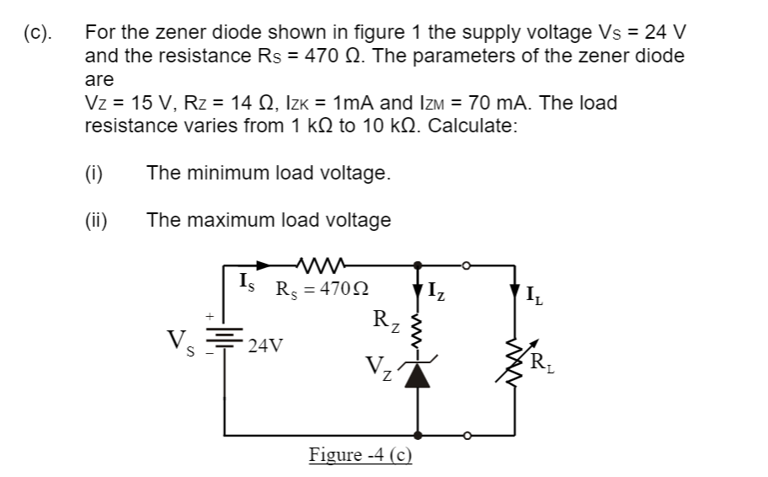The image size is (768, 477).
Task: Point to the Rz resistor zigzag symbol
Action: [419, 330]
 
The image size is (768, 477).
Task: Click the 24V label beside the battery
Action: [265, 346]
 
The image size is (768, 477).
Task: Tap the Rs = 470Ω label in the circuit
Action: [323, 287]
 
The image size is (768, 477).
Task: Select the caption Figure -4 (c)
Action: [360, 456]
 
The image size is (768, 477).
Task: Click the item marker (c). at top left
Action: [37, 34]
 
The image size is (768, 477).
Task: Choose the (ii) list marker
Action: [96, 220]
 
